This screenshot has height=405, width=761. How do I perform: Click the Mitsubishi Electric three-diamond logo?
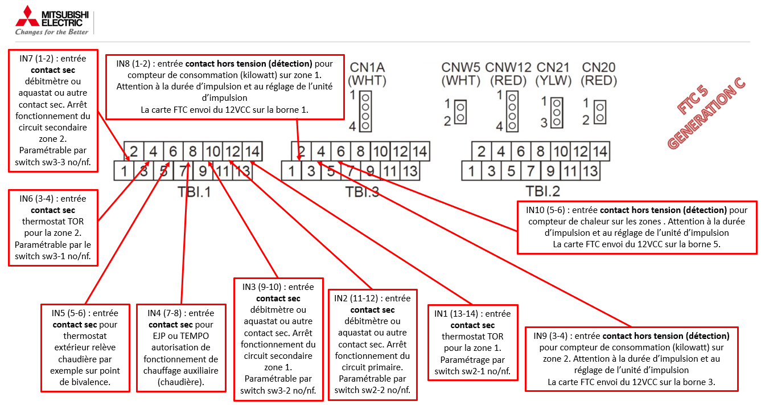tap(27, 16)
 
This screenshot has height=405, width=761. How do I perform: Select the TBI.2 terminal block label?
tap(543, 191)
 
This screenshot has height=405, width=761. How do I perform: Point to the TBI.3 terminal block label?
tap(363, 192)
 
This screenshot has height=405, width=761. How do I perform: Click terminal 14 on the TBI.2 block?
tap(599, 152)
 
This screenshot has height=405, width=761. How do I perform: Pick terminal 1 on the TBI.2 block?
tap(471, 170)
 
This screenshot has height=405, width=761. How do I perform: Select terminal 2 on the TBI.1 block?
tap(134, 152)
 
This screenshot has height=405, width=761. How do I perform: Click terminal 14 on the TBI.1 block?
tap(252, 152)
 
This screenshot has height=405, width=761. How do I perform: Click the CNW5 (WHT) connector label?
tap(461, 73)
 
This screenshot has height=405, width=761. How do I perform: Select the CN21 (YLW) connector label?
tap(553, 73)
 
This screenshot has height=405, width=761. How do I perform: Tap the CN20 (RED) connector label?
tap(599, 73)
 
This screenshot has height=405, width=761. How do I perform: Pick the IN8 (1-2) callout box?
tap(225, 86)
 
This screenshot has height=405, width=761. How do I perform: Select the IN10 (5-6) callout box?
tap(637, 227)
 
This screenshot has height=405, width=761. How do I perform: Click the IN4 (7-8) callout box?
tap(180, 347)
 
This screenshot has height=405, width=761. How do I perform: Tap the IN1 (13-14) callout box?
tap(472, 342)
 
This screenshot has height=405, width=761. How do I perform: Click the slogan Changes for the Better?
tap(52, 32)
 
